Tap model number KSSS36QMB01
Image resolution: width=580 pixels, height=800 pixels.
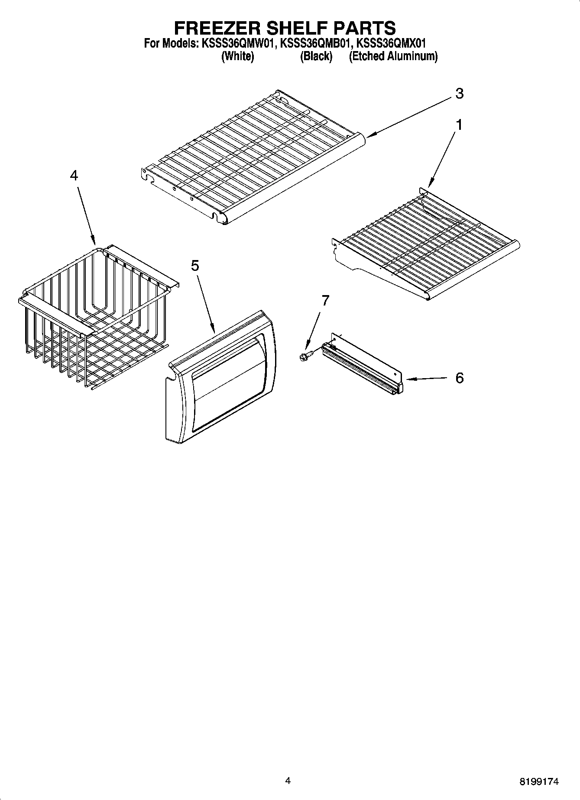tap(314, 44)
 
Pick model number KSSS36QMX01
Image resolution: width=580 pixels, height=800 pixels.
tap(391, 44)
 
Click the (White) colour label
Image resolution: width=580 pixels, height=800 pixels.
tap(237, 56)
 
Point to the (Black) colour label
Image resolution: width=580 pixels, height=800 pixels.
tap(316, 56)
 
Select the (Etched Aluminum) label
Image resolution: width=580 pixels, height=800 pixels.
tap(393, 56)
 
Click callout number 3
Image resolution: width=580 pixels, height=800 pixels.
tap(459, 93)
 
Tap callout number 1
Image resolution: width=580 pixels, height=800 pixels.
tap(459, 125)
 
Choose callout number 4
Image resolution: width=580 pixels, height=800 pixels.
tap(74, 175)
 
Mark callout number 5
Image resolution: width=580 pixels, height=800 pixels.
tap(195, 266)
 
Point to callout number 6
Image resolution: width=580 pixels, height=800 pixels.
tap(459, 378)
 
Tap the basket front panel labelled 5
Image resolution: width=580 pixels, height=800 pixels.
tap(221, 376)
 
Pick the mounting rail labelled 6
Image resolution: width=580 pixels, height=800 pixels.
tap(362, 363)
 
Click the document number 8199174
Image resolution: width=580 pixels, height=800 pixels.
tap(539, 782)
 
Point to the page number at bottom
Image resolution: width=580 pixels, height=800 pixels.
tap(288, 781)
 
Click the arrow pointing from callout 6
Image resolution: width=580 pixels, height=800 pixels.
tap(427, 379)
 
